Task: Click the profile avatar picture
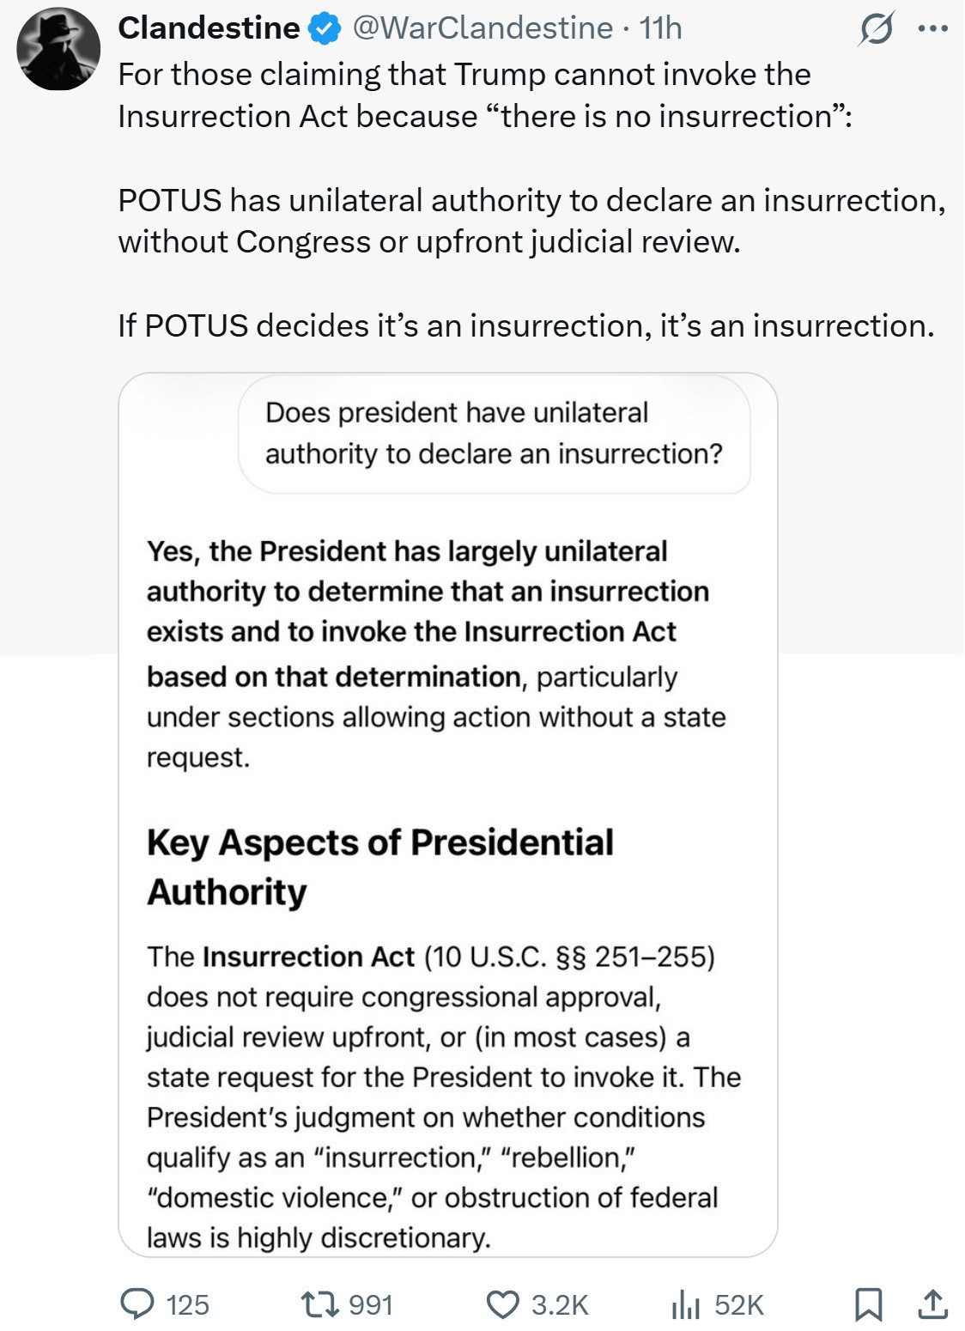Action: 58,49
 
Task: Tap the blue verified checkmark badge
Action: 325,29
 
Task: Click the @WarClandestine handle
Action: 482,28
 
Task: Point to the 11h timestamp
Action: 660,28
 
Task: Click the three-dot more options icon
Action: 932,28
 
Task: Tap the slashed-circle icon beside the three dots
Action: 877,28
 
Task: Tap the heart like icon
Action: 502,1304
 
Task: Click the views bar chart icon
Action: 685,1304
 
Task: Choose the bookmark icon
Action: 868,1304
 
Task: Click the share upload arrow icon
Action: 932,1304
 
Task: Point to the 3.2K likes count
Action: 560,1305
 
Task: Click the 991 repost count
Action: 371,1305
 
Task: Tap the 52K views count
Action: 738,1305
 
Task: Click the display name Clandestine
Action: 209,28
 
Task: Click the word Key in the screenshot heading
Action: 178,842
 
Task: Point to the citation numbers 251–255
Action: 650,957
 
